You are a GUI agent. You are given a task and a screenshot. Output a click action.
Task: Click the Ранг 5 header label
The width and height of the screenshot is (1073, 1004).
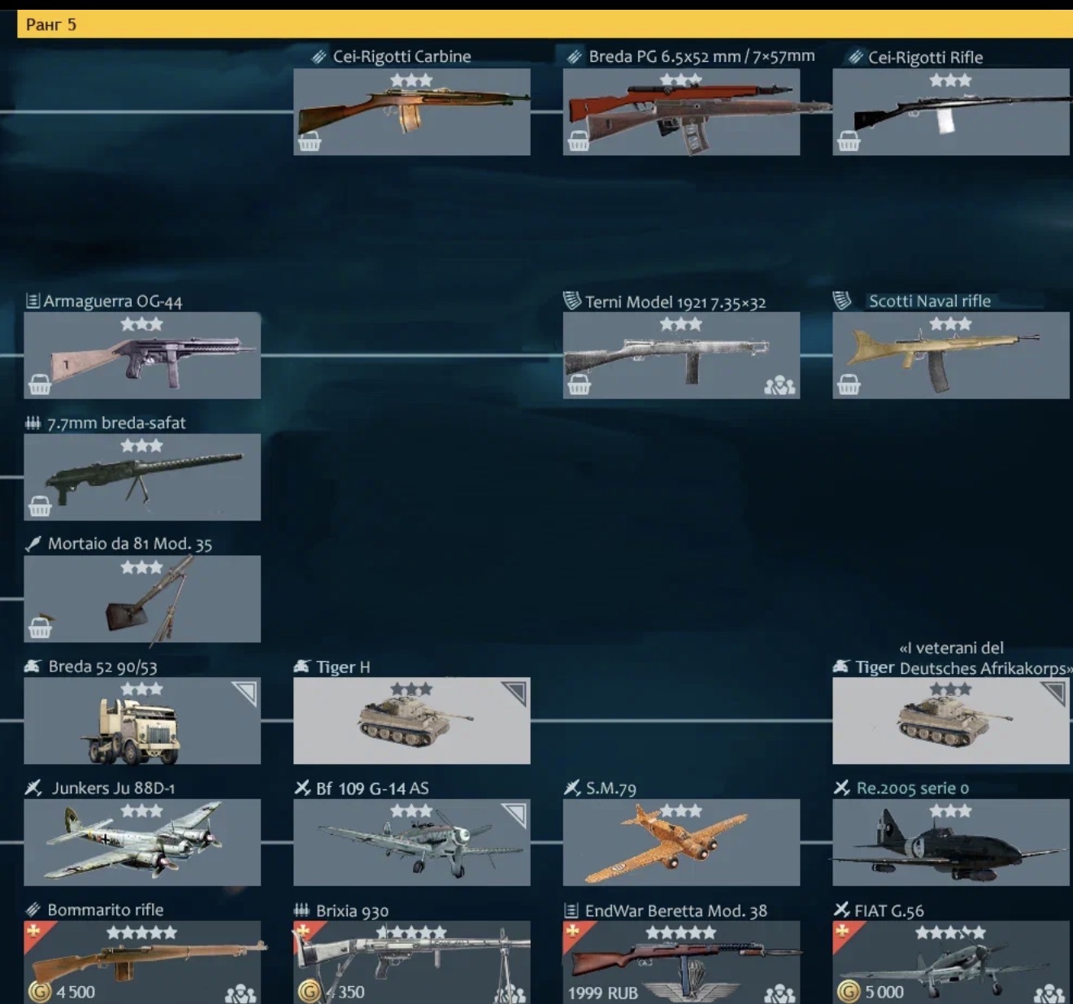[x=50, y=24]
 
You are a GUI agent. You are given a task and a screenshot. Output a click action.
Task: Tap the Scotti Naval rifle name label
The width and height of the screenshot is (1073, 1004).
[x=929, y=301]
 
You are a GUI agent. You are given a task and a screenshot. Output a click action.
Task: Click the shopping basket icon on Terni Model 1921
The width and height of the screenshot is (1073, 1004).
[x=579, y=385]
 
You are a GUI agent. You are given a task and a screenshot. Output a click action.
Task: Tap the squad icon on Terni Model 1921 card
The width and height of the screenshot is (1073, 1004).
[x=780, y=385]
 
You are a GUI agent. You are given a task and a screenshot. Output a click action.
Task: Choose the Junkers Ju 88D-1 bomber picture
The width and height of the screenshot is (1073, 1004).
[x=134, y=841]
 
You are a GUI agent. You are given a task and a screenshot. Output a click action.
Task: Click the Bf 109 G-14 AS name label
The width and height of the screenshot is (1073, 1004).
[x=371, y=789]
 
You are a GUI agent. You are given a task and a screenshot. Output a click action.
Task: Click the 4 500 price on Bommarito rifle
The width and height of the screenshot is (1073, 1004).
[x=75, y=992]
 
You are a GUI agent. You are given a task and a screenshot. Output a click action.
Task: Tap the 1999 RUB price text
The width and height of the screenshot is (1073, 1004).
[x=602, y=993]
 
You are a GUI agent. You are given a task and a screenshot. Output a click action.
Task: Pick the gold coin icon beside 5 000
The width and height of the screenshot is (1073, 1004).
[x=849, y=992]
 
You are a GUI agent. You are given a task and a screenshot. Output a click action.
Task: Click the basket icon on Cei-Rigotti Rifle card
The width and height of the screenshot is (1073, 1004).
[x=848, y=141]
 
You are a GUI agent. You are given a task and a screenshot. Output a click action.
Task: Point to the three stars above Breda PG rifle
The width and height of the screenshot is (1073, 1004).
[x=680, y=80]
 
